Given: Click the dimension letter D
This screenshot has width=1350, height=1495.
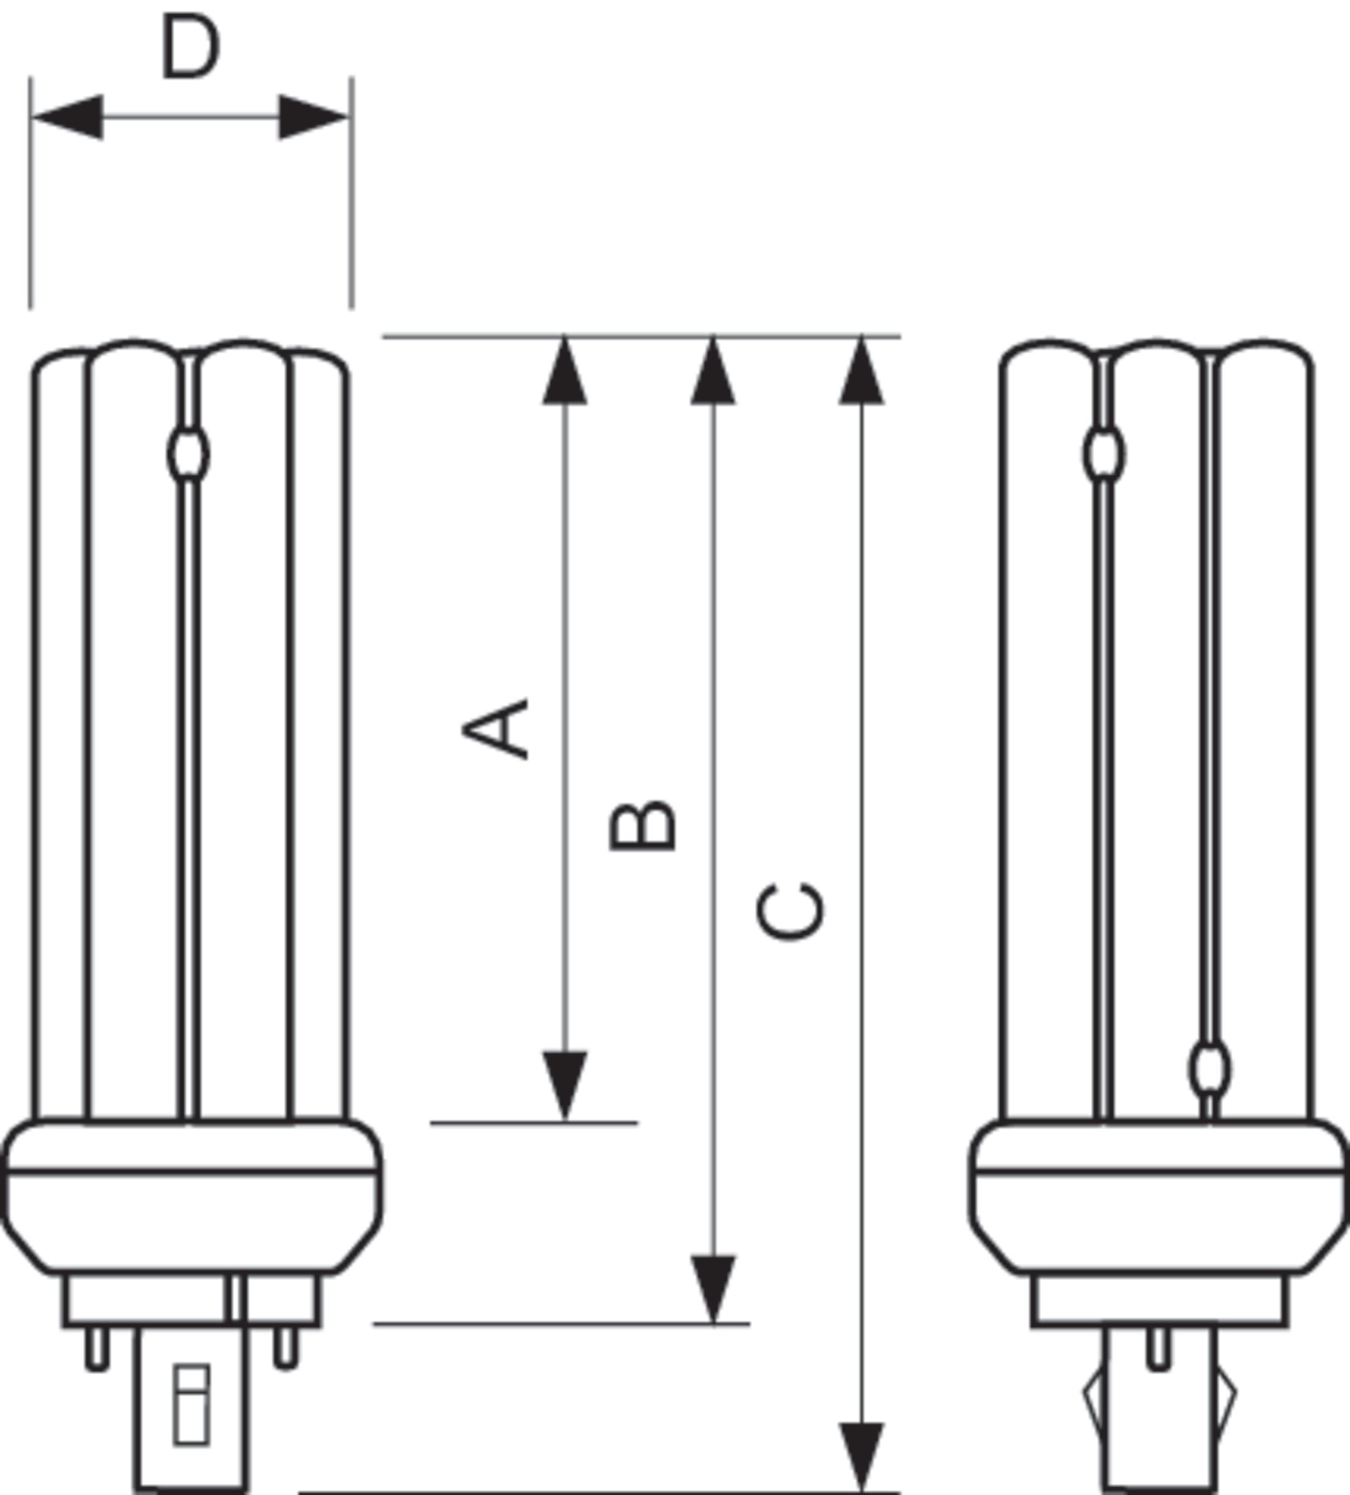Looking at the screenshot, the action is [x=191, y=46].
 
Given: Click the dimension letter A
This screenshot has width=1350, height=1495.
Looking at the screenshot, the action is [x=495, y=729].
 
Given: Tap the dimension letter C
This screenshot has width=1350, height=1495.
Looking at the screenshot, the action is [x=790, y=912].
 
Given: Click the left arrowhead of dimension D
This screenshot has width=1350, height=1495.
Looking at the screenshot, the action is [x=68, y=117].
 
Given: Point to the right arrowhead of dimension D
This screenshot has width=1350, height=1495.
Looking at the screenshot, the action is [x=313, y=117].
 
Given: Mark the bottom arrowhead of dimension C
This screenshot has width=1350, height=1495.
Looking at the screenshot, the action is [x=861, y=1457].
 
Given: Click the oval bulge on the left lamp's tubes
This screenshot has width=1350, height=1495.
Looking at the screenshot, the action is [x=188, y=454].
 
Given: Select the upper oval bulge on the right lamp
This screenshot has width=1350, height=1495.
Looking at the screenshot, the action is [x=1104, y=454].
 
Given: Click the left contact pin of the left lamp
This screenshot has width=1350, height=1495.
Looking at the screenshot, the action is [x=97, y=1349].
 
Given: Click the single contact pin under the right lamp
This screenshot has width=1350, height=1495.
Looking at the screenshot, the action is [x=1159, y=1349].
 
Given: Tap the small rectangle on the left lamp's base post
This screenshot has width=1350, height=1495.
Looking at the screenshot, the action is [x=191, y=1405].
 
